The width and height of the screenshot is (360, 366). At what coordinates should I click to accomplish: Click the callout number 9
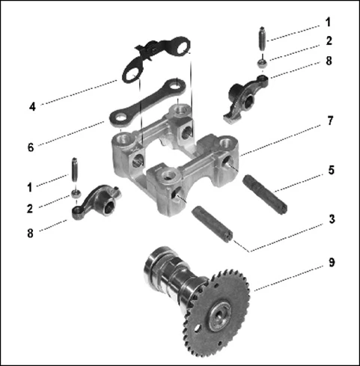coord(332,262)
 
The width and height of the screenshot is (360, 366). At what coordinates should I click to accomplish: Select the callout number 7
coord(330,121)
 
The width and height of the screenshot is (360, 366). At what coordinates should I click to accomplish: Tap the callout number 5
coord(331,170)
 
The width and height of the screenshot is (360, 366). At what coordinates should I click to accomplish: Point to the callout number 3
coord(332,219)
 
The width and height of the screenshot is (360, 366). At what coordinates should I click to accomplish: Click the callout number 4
coord(32,107)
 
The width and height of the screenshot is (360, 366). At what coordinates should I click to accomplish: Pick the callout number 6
coord(31,147)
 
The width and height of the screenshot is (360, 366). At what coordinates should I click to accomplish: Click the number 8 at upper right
coord(329,61)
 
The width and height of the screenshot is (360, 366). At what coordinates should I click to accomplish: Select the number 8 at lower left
coord(30,234)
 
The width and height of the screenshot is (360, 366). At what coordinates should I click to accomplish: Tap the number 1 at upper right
coord(329,22)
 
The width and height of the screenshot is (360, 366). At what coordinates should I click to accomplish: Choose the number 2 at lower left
coord(30,209)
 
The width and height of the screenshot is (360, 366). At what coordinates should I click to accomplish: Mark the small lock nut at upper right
coord(262,63)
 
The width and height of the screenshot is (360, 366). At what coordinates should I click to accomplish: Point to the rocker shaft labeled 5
coord(265,195)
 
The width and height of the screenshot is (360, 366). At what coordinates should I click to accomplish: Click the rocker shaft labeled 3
coord(212,224)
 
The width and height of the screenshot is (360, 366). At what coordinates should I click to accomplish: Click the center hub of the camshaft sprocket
coord(219,316)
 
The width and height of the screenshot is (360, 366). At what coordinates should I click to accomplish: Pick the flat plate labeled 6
coord(147,103)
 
